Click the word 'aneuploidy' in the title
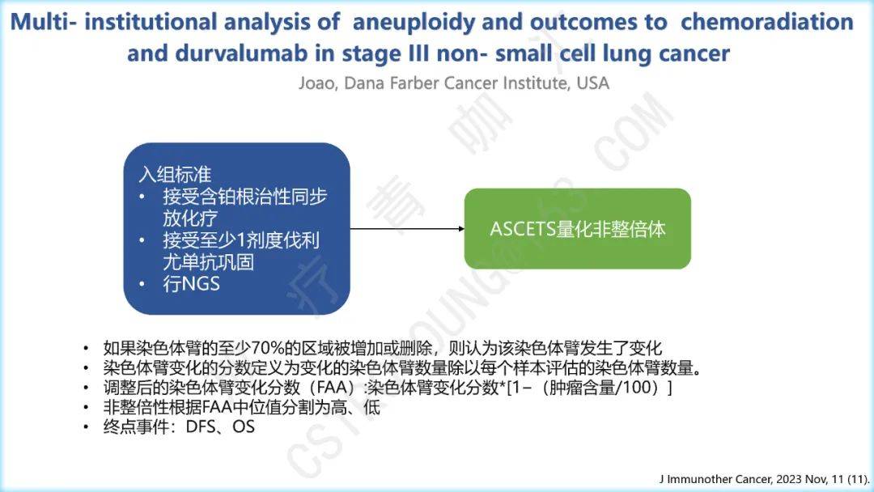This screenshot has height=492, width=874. coord(414,23)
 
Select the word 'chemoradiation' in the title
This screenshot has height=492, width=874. coord(767,23)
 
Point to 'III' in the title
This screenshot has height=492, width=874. coord(418,53)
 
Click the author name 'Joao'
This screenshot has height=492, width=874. coord(317,83)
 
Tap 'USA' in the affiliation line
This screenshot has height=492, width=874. coord(592,83)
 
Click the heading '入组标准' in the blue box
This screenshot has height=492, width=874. coord(175,175)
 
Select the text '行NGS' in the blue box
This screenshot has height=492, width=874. coord(191,283)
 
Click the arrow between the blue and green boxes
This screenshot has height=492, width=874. coord(407,228)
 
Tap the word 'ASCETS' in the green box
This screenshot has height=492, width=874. coord(522,229)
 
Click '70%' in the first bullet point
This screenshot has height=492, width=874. coord(268,348)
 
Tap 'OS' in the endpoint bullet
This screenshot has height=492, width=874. coord(244,427)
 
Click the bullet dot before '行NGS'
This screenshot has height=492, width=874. coord(142,285)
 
